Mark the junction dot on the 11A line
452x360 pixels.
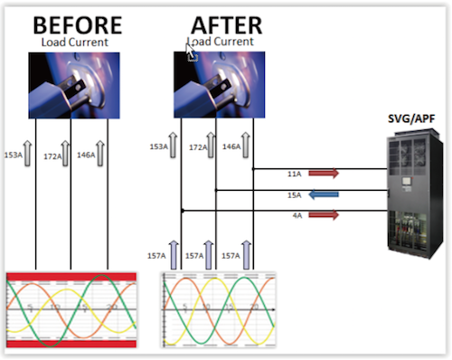(253, 169)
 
